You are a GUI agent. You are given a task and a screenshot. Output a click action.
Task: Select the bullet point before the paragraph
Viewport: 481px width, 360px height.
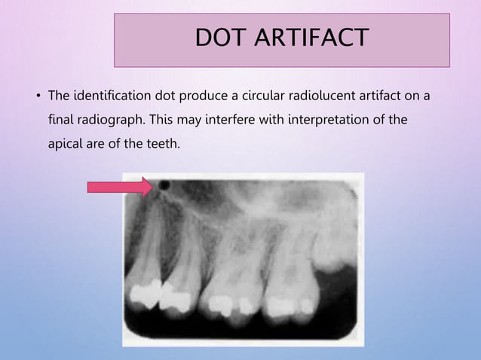pos(37,97)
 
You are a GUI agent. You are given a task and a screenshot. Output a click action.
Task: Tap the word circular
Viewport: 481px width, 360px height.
pos(262,96)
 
